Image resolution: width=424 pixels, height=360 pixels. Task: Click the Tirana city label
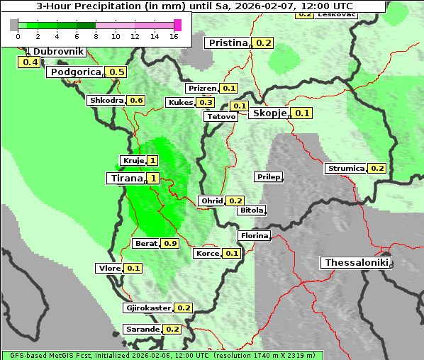(125, 178)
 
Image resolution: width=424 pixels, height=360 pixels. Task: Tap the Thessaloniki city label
(357, 263)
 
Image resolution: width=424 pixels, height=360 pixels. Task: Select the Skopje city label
(269, 113)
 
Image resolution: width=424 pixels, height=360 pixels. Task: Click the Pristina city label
(228, 43)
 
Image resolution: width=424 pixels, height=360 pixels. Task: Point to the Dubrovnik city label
(58, 52)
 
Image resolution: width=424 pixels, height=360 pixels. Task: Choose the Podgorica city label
(75, 72)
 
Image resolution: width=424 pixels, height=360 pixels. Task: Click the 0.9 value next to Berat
(170, 243)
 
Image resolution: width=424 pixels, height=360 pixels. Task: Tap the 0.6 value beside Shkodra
(136, 101)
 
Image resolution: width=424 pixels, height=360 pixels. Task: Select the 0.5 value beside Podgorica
(117, 72)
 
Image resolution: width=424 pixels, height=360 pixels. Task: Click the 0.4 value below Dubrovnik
(30, 62)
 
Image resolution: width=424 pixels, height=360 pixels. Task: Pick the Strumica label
(345, 169)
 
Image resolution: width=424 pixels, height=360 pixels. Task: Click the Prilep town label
(269, 176)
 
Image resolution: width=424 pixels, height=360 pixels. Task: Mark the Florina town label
(254, 235)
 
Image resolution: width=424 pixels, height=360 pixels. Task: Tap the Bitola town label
(251, 210)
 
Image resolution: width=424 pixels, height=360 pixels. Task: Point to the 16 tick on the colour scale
(174, 36)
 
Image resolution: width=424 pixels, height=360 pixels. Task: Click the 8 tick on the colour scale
(96, 36)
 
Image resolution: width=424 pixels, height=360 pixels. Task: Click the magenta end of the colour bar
(177, 25)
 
